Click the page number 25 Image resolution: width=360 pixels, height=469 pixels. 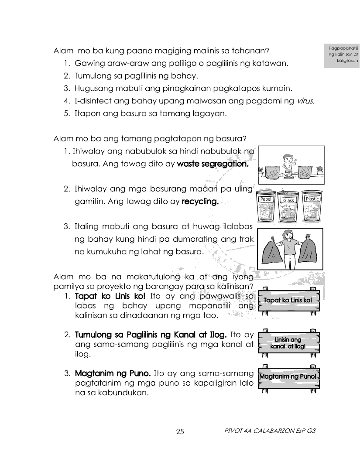point(180,432)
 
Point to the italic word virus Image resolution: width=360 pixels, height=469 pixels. point(305,101)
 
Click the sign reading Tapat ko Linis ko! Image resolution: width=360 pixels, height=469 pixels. point(288,301)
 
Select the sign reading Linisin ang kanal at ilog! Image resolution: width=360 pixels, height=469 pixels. point(288,343)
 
